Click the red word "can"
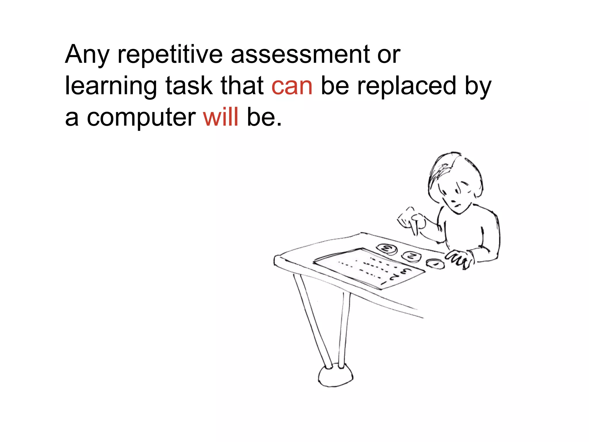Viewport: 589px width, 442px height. click(x=292, y=86)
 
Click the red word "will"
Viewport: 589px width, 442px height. click(x=221, y=117)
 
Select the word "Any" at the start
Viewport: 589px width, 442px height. click(x=87, y=55)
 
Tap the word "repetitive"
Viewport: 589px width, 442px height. click(x=170, y=55)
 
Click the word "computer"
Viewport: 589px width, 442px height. click(x=141, y=117)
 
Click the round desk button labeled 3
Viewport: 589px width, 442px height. click(x=387, y=249)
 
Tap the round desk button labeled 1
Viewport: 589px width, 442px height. click(x=435, y=263)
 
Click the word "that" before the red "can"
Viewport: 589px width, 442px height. click(x=242, y=85)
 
